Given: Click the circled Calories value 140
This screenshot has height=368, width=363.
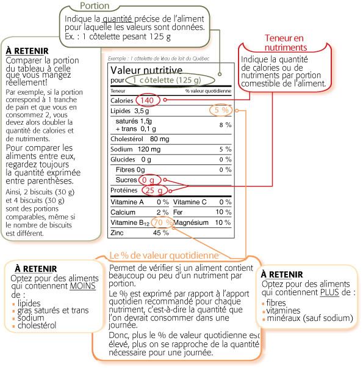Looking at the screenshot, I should click(x=147, y=100).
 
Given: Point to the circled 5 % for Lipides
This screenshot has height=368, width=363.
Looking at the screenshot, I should click(x=221, y=110).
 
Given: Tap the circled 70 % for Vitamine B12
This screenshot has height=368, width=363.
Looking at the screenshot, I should click(x=161, y=223).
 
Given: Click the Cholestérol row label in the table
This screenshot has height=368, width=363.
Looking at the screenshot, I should click(x=126, y=138).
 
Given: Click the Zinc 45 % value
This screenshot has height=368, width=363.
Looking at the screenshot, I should click(x=160, y=233).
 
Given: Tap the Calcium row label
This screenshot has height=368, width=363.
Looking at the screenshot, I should click(x=122, y=212).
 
